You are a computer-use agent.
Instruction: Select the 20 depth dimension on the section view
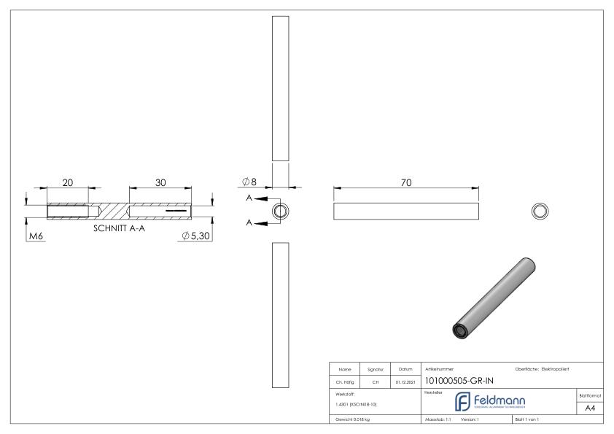click(67, 182)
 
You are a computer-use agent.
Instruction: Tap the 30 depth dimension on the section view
click(160, 182)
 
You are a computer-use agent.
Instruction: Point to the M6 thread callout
click(35, 236)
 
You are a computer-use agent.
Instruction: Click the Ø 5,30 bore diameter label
click(197, 236)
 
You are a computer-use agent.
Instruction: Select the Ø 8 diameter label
click(249, 181)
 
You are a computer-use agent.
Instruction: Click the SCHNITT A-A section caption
click(120, 228)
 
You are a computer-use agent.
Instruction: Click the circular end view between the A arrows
click(281, 212)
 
